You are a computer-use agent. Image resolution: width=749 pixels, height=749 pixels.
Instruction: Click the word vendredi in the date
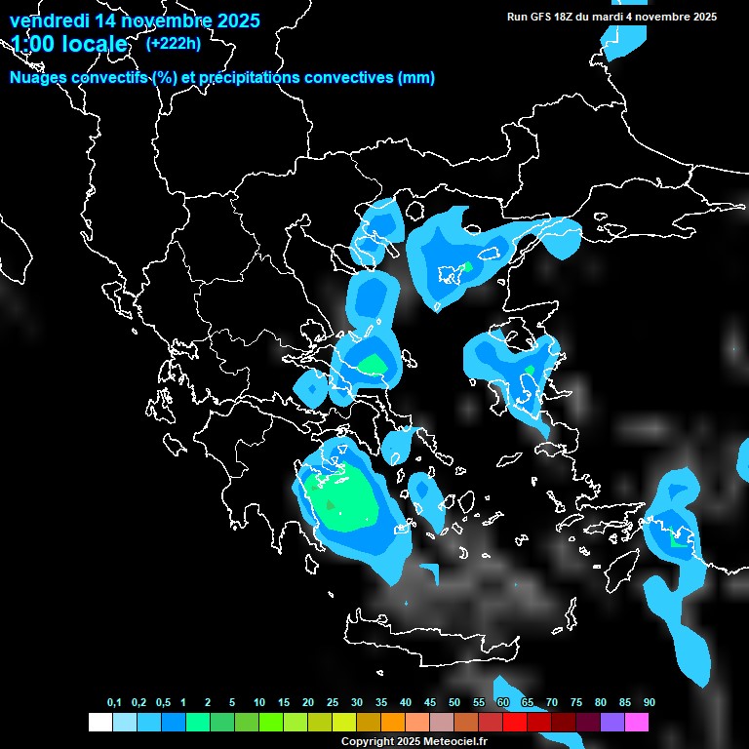(x=48, y=20)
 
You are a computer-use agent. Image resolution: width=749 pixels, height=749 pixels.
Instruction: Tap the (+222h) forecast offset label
(x=174, y=43)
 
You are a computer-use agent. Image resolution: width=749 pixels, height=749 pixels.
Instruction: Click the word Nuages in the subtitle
(x=38, y=78)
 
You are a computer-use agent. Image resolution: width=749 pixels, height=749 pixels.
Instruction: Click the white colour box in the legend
(x=99, y=723)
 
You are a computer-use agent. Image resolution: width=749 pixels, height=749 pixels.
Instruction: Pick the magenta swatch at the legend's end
(x=636, y=723)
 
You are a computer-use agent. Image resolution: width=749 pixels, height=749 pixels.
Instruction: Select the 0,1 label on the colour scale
(x=114, y=703)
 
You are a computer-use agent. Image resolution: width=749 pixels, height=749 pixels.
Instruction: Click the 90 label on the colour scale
(x=649, y=703)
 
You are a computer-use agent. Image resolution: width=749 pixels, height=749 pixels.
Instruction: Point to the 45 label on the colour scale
(x=430, y=703)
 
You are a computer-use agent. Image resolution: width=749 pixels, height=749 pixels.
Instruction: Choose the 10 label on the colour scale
(x=259, y=703)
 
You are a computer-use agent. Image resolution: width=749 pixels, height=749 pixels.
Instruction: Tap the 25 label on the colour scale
(x=333, y=703)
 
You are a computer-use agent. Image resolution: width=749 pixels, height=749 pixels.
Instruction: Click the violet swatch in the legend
(x=611, y=723)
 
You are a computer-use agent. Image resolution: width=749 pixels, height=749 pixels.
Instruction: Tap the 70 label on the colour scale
(x=552, y=703)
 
